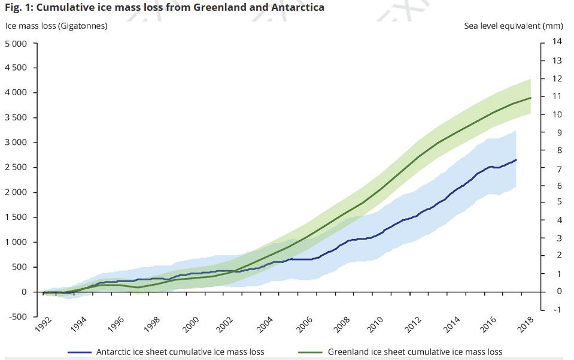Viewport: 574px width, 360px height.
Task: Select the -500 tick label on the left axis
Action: tap(17, 317)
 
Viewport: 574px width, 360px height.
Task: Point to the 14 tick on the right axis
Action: tap(557, 41)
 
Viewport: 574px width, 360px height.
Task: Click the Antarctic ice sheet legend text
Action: tap(180, 352)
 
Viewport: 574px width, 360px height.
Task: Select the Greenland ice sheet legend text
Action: tap(415, 352)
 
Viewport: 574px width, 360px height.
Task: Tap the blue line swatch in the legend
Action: tap(80, 352)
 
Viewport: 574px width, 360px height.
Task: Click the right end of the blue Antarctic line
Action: tap(516, 160)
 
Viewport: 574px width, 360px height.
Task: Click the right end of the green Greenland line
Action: tap(531, 98)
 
